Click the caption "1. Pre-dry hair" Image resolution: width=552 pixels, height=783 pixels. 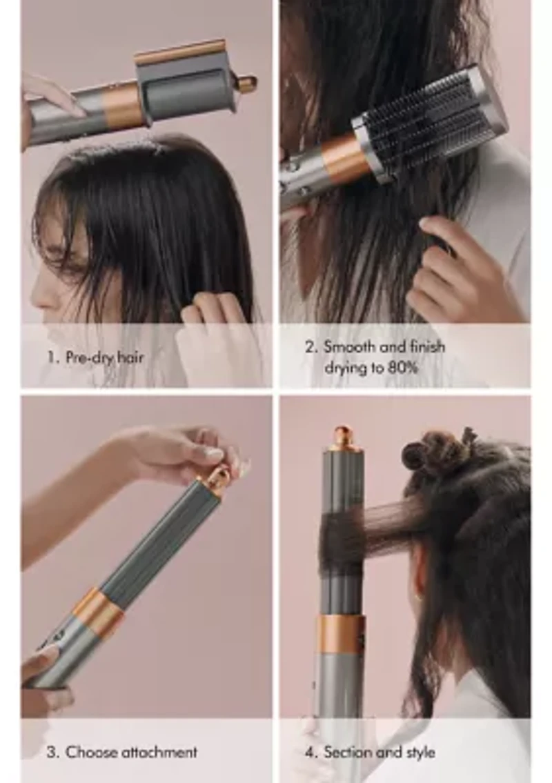click(95, 357)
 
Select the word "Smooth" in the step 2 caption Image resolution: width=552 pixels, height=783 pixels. click(352, 346)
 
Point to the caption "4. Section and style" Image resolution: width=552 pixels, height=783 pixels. click(370, 752)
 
